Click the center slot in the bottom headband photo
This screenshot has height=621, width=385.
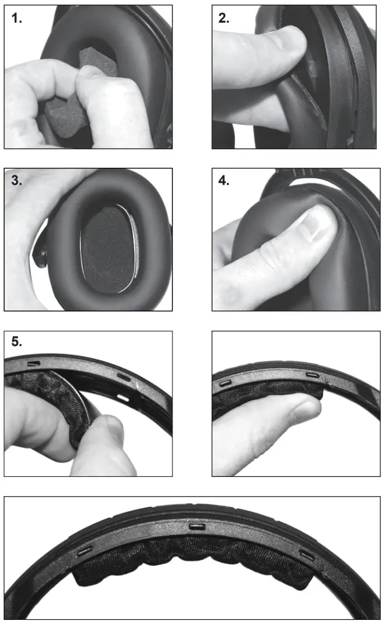point(195,526)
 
